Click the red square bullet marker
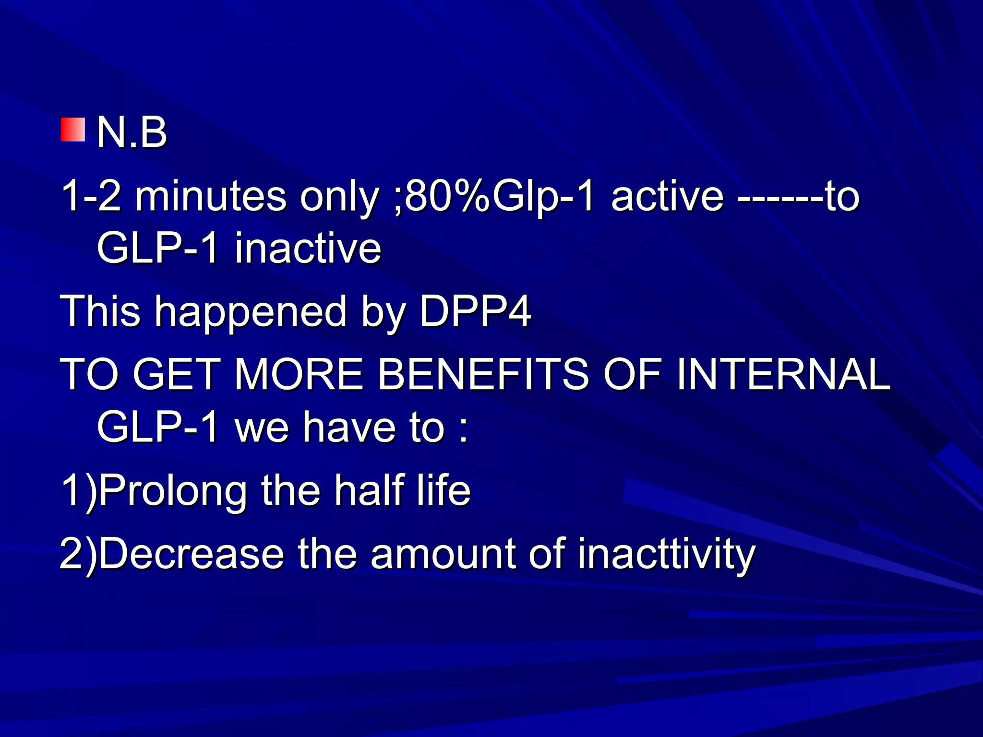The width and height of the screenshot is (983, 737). tap(73, 130)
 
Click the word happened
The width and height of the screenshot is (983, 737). tap(250, 312)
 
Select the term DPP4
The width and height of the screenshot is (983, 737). tap(475, 312)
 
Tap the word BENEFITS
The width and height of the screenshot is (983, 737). tap(482, 374)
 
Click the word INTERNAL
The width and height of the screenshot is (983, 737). tap(782, 374)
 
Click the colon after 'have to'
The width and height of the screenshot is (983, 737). tap(463, 429)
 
